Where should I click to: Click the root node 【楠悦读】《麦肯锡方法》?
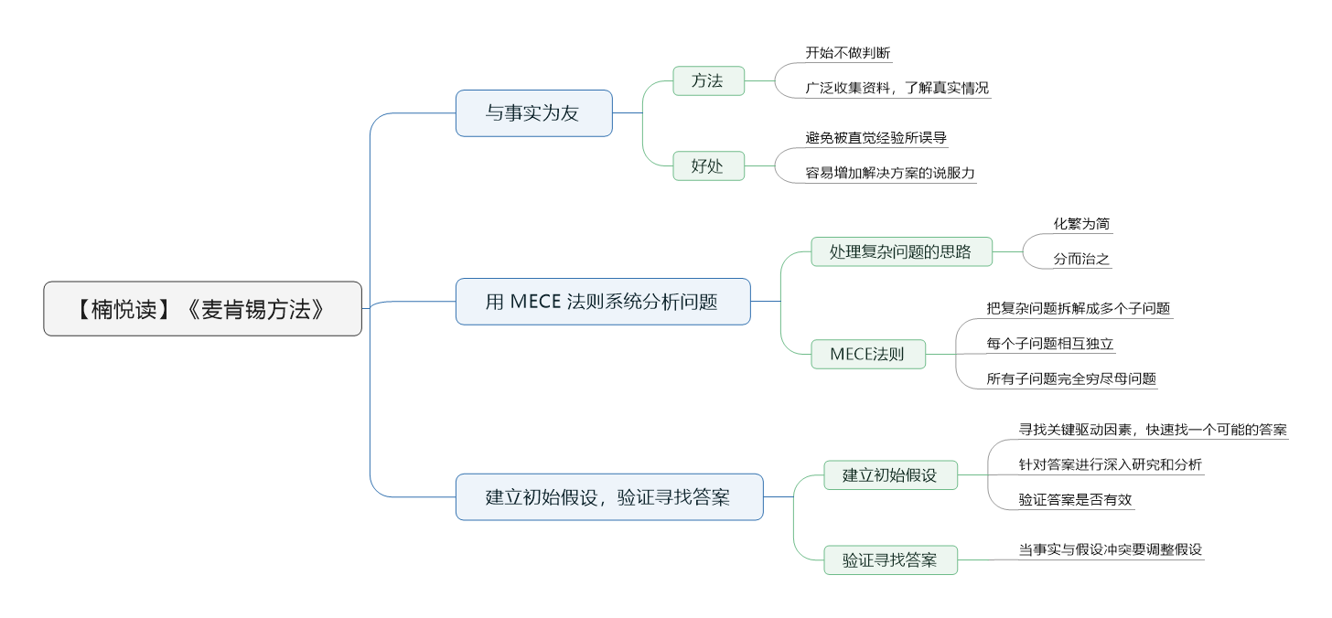(203, 309)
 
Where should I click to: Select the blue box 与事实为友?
(534, 113)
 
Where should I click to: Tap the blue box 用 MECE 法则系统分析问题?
(603, 302)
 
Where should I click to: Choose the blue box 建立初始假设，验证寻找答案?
(609, 497)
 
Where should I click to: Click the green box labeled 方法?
(709, 80)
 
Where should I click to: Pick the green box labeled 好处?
(709, 165)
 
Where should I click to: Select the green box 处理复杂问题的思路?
(901, 252)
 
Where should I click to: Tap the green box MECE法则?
(868, 354)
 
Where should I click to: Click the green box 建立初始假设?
(891, 475)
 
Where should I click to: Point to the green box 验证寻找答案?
(891, 560)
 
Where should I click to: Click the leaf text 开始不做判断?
(848, 53)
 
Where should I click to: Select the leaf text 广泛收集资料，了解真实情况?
(897, 88)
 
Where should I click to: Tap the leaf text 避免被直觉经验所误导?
(875, 138)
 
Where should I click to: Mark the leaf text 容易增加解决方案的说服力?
(890, 173)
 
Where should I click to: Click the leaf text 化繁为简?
(1081, 224)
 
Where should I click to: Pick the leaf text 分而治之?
(1081, 259)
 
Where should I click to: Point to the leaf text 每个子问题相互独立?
(1049, 344)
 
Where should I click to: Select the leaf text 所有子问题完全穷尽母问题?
(1071, 378)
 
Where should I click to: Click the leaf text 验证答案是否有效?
(1075, 500)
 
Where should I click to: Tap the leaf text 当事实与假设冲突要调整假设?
(1111, 549)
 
